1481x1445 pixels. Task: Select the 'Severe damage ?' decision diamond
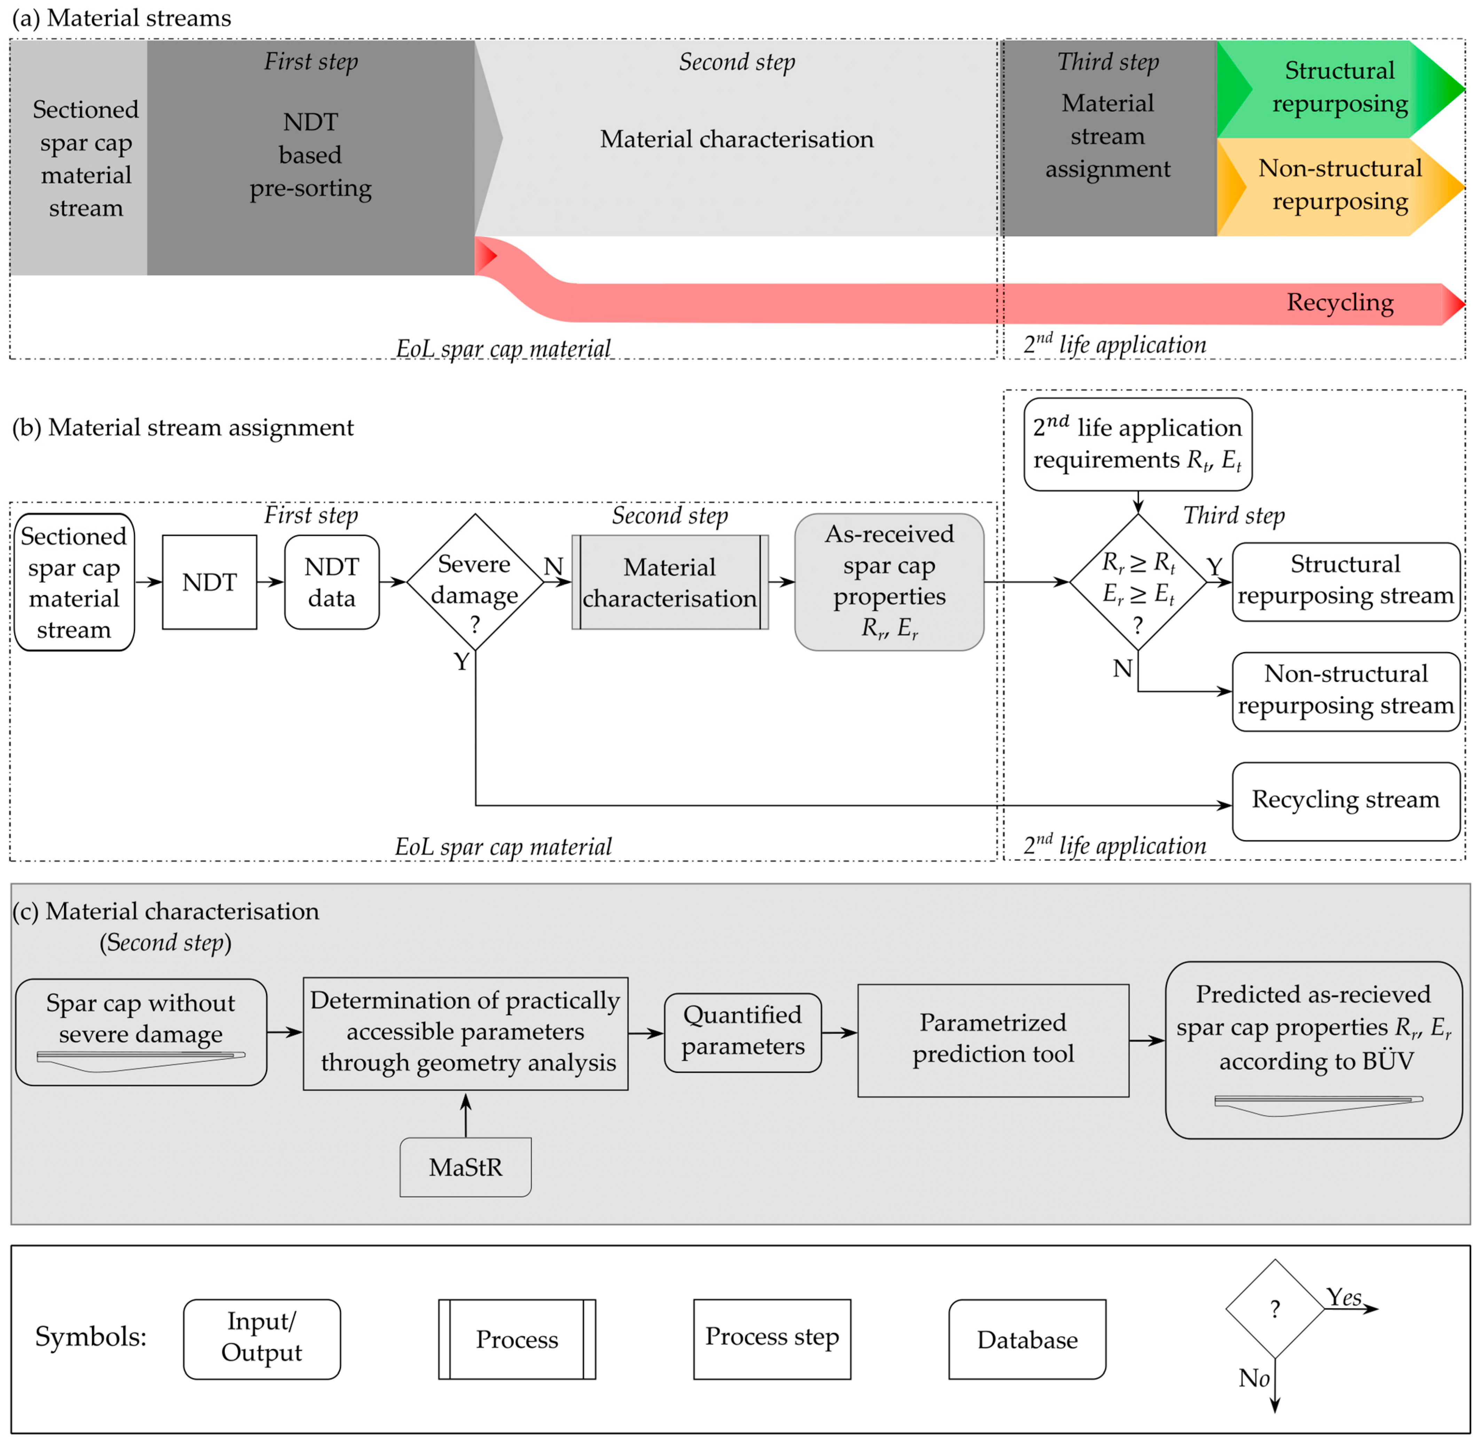click(475, 582)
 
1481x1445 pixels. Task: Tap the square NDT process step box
click(210, 582)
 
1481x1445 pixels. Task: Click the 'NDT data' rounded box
click(332, 582)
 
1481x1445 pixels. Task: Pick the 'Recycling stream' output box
click(1345, 801)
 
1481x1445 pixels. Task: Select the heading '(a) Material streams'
click(121, 17)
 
